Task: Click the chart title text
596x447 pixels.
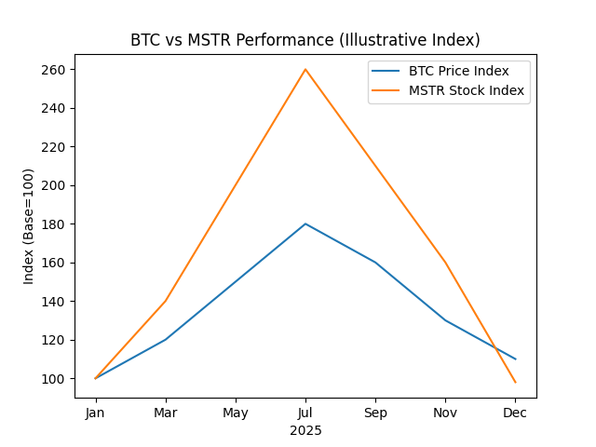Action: click(305, 40)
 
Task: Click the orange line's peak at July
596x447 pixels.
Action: click(305, 69)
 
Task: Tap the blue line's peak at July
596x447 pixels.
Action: click(305, 223)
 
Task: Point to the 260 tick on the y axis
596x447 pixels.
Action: click(53, 70)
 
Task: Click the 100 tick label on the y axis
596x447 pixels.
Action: click(53, 379)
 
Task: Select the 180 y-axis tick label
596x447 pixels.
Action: click(53, 224)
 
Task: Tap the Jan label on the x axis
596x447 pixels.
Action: click(95, 413)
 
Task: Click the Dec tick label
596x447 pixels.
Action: click(515, 413)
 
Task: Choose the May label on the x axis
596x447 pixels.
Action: click(236, 413)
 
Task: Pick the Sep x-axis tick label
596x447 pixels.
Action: click(375, 413)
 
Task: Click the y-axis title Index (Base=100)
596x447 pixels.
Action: click(29, 226)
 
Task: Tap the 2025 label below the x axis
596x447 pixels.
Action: click(305, 430)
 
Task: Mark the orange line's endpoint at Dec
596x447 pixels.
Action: click(515, 382)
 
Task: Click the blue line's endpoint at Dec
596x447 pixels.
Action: click(515, 359)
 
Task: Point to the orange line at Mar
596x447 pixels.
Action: click(166, 301)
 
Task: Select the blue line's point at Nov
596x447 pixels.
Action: click(445, 320)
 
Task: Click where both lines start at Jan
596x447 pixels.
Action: click(95, 378)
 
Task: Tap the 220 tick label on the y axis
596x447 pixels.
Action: click(53, 147)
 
